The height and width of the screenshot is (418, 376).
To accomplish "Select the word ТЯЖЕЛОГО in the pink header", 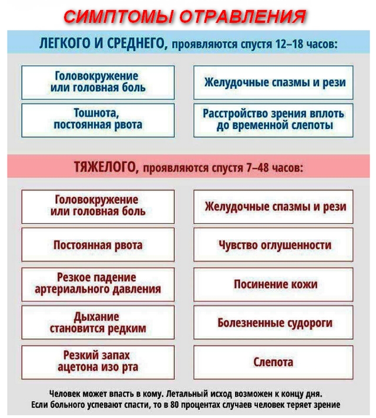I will tap(105, 168).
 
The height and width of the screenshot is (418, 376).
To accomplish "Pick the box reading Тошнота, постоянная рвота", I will tap(98, 119).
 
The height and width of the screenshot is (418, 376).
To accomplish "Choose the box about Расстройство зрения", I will tap(273, 120).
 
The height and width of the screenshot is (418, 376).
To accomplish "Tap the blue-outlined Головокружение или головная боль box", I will tap(98, 82).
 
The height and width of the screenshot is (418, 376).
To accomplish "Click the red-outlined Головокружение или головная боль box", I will tap(98, 206).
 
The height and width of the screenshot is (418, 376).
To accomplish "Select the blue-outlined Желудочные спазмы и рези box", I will tap(273, 82).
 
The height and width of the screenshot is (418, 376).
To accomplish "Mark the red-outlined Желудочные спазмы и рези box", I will tap(273, 206).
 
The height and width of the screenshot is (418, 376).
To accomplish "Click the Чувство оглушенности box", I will tap(273, 245).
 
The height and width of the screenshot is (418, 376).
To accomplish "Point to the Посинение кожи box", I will tap(273, 284).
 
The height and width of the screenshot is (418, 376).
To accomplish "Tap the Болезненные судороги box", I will tap(273, 323).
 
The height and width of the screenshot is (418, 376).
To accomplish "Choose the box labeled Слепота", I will tap(273, 362).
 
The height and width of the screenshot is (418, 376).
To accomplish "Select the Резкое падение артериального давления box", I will tap(98, 284).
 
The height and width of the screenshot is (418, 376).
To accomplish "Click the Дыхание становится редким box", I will tap(98, 323).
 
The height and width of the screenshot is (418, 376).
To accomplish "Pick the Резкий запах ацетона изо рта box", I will tap(98, 362).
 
